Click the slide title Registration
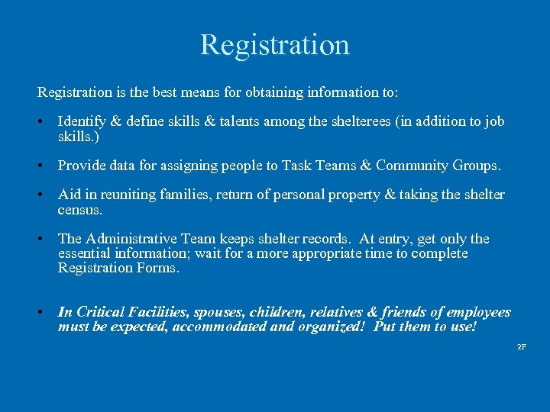click(275, 44)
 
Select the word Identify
click(82, 122)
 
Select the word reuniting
click(112, 195)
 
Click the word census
click(79, 210)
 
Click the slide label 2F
click(522, 347)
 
